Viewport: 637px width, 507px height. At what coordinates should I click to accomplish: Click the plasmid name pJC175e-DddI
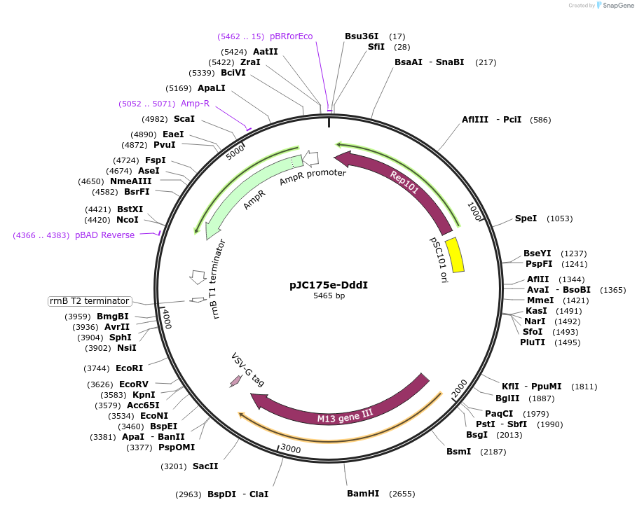(x=329, y=285)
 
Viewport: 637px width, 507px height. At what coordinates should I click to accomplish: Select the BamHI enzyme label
(x=363, y=494)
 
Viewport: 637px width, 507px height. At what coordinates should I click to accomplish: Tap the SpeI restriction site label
(x=526, y=218)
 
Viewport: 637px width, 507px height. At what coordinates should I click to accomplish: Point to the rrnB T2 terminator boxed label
(x=89, y=301)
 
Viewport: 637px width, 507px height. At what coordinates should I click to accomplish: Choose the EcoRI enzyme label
(x=129, y=368)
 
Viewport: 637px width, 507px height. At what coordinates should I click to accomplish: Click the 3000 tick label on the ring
(x=290, y=449)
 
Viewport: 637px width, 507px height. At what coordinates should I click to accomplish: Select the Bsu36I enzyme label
(x=362, y=36)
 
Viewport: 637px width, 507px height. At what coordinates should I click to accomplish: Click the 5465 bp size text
(x=329, y=296)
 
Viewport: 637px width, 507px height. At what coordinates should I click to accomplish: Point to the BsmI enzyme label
(x=459, y=452)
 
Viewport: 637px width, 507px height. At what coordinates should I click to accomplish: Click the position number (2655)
(x=402, y=494)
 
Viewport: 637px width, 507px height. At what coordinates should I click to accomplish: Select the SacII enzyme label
(x=205, y=466)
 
